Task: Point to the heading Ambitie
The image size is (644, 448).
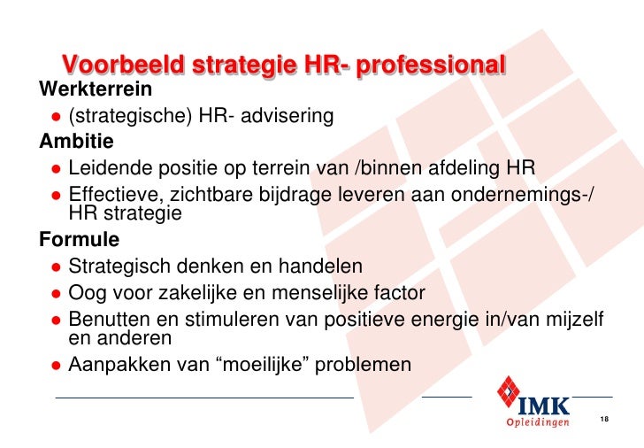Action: click(x=76, y=140)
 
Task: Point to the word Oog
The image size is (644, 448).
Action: click(x=86, y=293)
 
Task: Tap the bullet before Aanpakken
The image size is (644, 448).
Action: click(x=55, y=365)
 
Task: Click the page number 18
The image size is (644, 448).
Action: click(x=605, y=419)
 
